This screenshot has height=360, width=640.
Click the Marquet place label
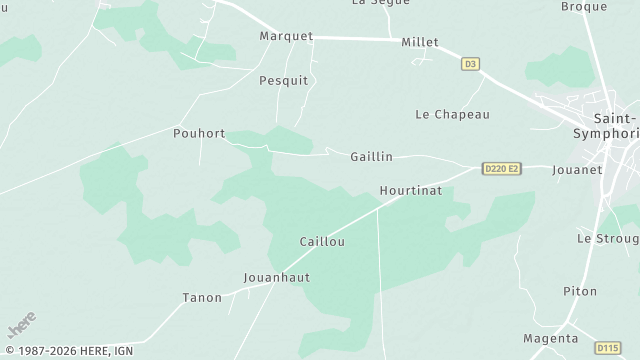pyautogui.click(x=286, y=36)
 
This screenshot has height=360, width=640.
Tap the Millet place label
pyautogui.click(x=420, y=42)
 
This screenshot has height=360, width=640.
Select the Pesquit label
pyautogui.click(x=284, y=80)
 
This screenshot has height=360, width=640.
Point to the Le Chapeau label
pyautogui.click(x=452, y=114)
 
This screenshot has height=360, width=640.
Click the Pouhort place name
pyautogui.click(x=199, y=133)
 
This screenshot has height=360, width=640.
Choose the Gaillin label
pyautogui.click(x=371, y=157)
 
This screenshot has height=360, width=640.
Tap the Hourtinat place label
pyautogui.click(x=404, y=190)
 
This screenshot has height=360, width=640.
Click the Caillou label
pyautogui.click(x=322, y=242)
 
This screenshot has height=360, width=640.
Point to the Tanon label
pyautogui.click(x=202, y=297)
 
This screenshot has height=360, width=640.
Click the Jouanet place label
pyautogui.click(x=577, y=170)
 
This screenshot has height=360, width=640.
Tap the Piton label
pyautogui.click(x=579, y=291)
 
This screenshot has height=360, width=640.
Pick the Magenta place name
pyautogui.click(x=551, y=338)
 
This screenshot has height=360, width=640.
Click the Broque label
pyautogui.click(x=584, y=7)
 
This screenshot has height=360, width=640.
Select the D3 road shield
pyautogui.click(x=471, y=64)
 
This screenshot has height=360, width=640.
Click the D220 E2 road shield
pyautogui.click(x=501, y=168)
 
